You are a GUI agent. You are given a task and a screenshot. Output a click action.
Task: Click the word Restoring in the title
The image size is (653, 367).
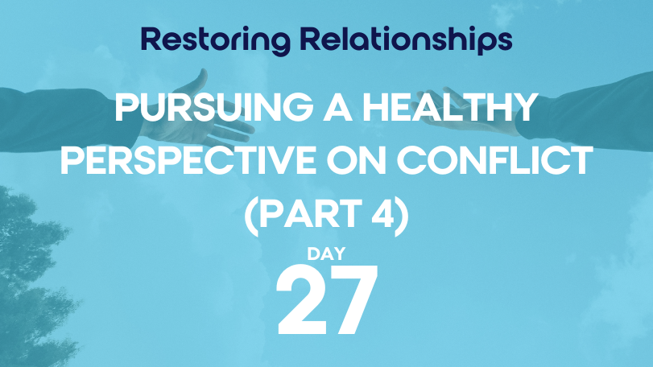click(216, 41)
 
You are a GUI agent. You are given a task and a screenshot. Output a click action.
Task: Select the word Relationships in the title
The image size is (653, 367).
click(406, 40)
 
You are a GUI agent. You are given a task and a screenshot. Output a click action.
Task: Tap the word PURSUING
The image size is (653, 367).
click(213, 107)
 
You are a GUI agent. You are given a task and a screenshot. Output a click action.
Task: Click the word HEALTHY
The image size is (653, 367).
click(449, 107)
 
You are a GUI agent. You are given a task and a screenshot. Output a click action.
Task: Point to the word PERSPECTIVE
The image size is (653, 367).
click(188, 160)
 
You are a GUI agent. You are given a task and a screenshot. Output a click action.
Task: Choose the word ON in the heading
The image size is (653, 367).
click(357, 160)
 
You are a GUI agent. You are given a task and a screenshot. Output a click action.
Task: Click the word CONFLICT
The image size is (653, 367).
click(494, 160)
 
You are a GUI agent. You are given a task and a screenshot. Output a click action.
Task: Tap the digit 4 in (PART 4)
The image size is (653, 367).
click(382, 213)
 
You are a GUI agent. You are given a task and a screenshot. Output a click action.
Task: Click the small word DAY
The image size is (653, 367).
click(327, 254)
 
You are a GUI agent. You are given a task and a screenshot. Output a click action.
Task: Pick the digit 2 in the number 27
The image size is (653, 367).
click(300, 299)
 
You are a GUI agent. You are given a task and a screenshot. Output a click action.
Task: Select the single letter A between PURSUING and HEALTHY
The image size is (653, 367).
click(337, 107)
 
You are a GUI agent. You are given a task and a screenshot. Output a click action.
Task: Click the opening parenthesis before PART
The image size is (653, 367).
click(251, 216)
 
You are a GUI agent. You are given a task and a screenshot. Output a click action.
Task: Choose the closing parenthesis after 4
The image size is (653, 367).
click(402, 216)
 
